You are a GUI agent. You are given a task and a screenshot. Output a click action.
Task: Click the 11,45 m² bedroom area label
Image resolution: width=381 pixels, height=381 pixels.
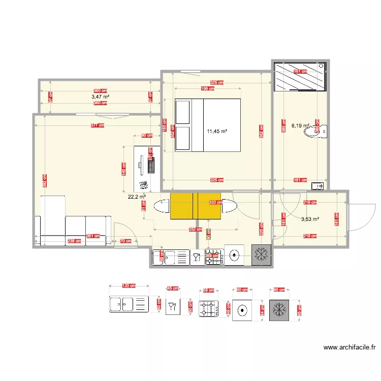217,132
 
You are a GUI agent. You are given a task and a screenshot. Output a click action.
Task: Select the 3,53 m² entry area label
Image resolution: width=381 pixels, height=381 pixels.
310,219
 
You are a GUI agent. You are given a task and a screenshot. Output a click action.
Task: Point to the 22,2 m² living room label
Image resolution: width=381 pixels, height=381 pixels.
137,196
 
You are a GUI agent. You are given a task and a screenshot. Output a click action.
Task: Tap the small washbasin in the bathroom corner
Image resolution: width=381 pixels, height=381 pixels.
318,186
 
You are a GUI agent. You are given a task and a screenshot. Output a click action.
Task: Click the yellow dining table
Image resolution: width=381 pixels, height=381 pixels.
196,206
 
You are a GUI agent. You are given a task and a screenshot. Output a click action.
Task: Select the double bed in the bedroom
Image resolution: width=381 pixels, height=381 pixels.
207,125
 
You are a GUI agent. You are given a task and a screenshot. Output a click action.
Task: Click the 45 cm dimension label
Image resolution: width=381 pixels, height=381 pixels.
173,289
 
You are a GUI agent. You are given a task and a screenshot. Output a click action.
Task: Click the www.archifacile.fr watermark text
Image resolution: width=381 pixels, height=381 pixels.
349,348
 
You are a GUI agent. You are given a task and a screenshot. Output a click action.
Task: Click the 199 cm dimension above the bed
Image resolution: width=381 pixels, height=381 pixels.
207,88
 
